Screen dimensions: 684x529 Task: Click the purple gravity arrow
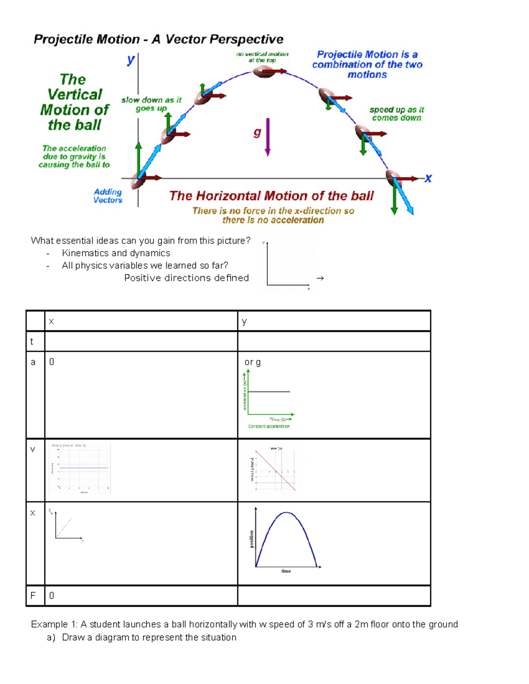(x=268, y=137)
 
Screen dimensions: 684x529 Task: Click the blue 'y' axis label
(x=130, y=59)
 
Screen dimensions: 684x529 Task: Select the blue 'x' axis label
(x=428, y=178)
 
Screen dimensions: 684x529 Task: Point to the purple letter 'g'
(x=257, y=132)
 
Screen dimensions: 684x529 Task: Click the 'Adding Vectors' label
(x=108, y=196)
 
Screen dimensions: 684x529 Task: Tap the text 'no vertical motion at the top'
(x=262, y=57)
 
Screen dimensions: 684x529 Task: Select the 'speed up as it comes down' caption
(x=397, y=114)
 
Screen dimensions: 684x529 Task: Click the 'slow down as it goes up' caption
(x=151, y=104)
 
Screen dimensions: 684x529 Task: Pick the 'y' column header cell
(x=245, y=321)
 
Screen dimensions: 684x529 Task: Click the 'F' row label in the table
(x=33, y=595)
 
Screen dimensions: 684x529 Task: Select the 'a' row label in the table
(x=33, y=362)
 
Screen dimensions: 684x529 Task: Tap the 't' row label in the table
(x=32, y=341)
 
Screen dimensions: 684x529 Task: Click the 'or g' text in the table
(x=253, y=362)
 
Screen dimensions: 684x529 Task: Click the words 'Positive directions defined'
(x=186, y=278)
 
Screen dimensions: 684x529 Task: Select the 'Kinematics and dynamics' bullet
(x=116, y=253)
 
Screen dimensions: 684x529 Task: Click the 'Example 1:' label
(x=54, y=624)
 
